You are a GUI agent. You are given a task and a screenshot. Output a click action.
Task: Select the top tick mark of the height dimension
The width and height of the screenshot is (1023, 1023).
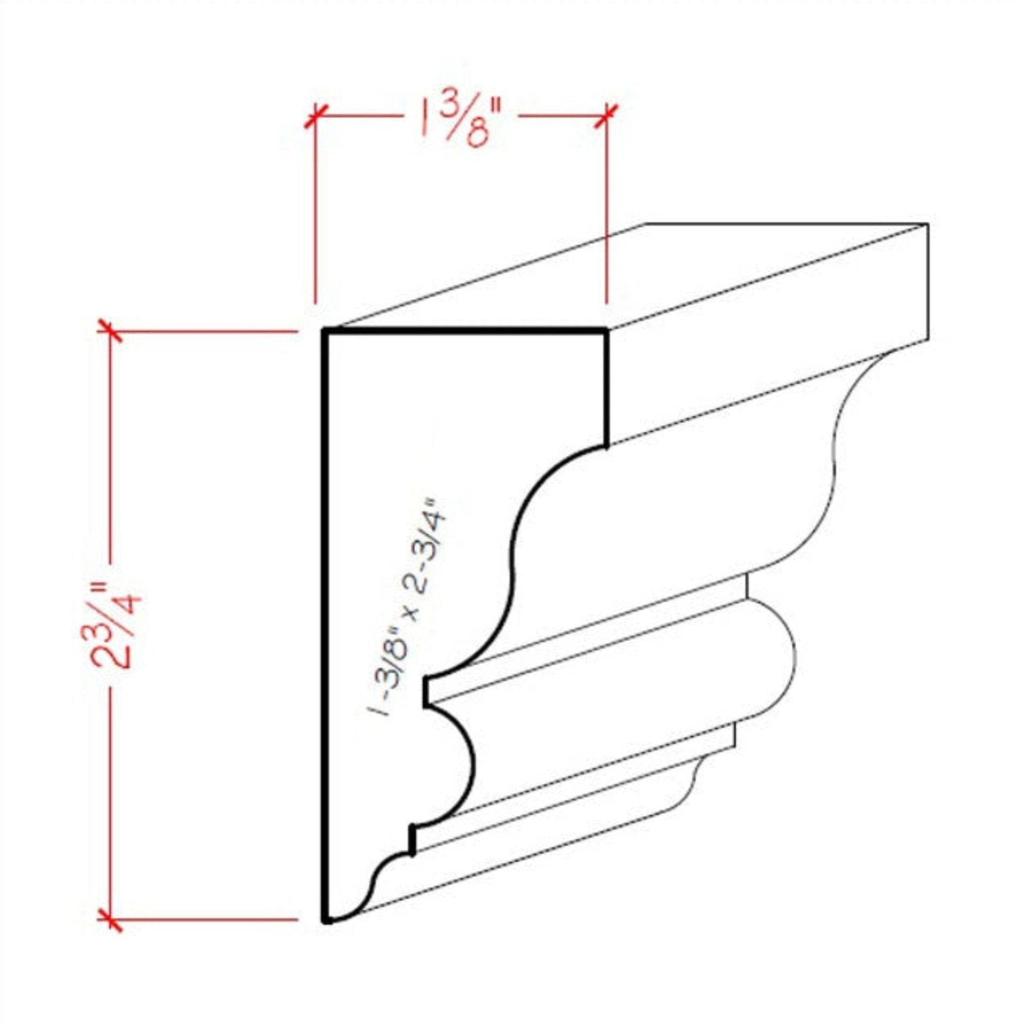110,332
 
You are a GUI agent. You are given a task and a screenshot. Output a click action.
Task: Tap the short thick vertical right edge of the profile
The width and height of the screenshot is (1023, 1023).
606,389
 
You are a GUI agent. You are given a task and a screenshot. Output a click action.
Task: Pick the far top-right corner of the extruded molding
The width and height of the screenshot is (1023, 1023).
928,224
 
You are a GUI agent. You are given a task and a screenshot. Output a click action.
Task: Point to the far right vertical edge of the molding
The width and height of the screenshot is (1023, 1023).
929,281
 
